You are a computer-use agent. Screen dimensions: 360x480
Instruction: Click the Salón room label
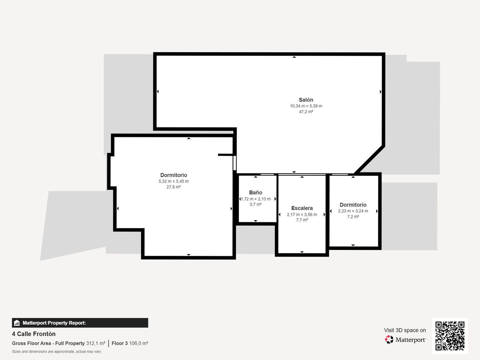[306, 100]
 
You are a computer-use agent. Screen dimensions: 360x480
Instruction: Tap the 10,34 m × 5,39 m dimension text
[306, 106]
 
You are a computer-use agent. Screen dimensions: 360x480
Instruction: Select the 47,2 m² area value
[306, 112]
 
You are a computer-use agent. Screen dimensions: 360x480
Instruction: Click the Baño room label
[255, 193]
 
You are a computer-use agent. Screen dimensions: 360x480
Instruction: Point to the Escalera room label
[302, 208]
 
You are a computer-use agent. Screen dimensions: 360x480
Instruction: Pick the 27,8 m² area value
[173, 187]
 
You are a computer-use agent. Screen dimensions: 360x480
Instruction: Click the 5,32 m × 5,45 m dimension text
[173, 181]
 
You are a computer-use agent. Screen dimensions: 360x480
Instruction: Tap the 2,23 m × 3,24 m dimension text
[353, 211]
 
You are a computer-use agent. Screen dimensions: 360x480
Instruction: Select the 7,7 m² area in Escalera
[302, 220]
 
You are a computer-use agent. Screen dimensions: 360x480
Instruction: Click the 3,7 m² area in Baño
[255, 204]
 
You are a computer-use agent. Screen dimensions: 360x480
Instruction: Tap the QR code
[450, 336]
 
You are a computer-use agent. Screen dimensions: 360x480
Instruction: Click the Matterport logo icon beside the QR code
[389, 340]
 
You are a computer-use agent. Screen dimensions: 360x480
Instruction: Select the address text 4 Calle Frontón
[34, 334]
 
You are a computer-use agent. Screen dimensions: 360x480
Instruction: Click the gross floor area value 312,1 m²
[95, 343]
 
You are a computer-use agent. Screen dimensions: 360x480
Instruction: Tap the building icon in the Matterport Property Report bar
[17, 323]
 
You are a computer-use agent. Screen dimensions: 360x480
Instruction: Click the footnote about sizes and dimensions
[56, 352]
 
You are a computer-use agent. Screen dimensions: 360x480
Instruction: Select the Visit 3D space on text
[405, 330]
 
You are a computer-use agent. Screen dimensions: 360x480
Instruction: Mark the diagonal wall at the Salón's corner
[370, 160]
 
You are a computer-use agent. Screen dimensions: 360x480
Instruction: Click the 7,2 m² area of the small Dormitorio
[353, 217]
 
